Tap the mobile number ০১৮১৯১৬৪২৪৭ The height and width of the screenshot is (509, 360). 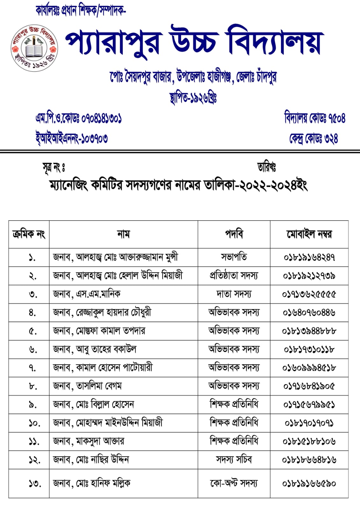(309, 257)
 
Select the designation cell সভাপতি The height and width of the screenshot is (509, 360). (234, 257)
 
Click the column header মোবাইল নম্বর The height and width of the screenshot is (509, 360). (309, 234)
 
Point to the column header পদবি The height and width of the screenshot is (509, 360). (234, 234)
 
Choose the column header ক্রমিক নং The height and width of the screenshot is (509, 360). (29, 234)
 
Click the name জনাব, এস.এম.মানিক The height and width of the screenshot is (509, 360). (87, 294)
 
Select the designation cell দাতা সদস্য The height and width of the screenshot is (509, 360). (234, 294)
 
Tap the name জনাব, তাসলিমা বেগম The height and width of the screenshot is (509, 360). (87, 386)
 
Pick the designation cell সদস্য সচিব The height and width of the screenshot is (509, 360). (234, 460)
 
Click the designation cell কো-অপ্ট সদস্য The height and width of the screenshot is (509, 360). (234, 484)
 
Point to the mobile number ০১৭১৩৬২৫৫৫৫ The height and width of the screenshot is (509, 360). (309, 294)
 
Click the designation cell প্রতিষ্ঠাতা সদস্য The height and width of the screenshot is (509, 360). (234, 275)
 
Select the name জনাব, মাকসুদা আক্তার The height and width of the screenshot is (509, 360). (88, 441)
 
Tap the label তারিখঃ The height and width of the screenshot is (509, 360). (266, 167)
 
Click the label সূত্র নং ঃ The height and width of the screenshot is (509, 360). (54, 167)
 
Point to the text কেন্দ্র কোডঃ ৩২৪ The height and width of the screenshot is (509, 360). (313, 138)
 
